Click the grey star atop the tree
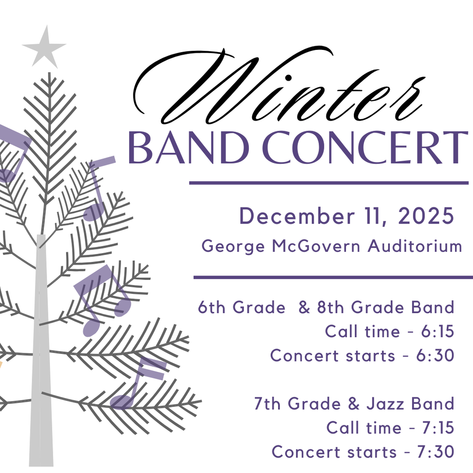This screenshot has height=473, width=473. (x=44, y=48)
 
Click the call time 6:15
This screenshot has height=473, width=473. (x=437, y=332)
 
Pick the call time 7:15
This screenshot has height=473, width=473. (x=438, y=428)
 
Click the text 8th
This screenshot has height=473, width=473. (x=331, y=307)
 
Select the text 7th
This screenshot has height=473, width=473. (x=267, y=404)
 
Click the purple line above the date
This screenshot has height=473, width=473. (x=329, y=183)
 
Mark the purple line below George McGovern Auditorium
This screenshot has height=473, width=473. (x=333, y=277)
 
